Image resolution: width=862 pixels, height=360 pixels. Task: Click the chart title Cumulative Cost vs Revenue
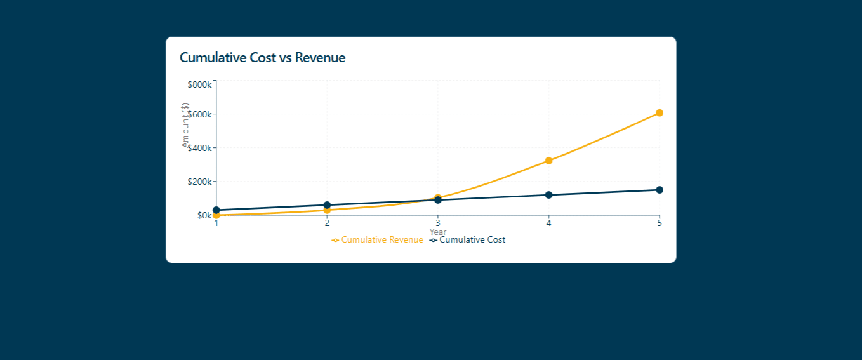tap(262, 58)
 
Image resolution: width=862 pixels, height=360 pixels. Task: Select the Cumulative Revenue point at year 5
tap(660, 113)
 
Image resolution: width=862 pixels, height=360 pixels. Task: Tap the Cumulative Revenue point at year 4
tap(548, 161)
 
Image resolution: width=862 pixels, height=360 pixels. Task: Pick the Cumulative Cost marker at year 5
tap(660, 190)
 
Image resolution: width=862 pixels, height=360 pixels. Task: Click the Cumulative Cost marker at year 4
tap(548, 195)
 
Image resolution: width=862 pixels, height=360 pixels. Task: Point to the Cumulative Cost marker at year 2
tap(327, 205)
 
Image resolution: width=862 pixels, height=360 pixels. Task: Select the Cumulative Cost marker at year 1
tap(216, 210)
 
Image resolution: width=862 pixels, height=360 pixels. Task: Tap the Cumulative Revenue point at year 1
tap(216, 216)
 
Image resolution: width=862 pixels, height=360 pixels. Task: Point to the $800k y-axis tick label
tap(200, 84)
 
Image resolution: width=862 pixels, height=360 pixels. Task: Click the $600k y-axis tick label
tap(200, 114)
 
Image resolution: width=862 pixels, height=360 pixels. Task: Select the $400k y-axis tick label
tap(200, 148)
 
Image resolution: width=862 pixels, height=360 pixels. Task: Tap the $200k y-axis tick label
tap(200, 182)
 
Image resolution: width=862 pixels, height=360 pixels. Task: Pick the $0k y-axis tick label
tap(204, 215)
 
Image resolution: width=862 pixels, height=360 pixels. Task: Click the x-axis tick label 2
tap(327, 223)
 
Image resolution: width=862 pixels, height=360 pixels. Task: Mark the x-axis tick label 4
tap(548, 223)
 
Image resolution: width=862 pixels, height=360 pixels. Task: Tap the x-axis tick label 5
tap(659, 223)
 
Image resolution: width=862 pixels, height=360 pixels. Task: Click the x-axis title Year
tap(437, 232)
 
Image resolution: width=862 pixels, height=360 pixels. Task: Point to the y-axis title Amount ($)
tap(185, 125)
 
